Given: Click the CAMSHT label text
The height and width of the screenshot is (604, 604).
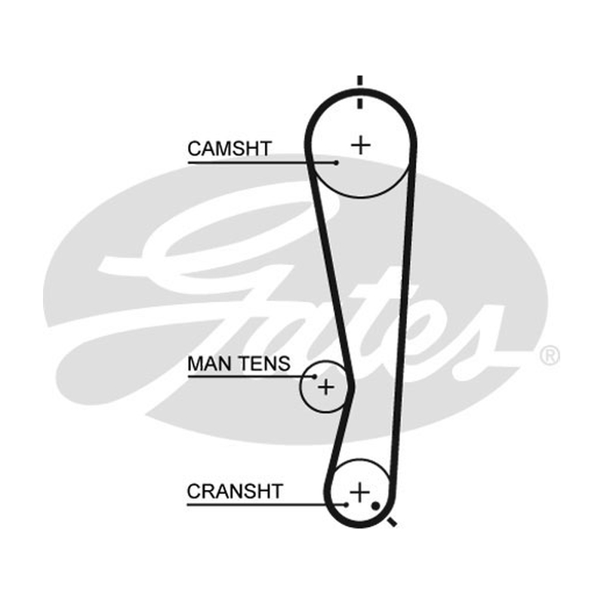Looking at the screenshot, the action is [x=230, y=149].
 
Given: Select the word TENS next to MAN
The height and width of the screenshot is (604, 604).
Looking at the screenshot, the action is [x=267, y=364].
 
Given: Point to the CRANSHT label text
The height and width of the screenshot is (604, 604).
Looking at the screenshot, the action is [x=235, y=492].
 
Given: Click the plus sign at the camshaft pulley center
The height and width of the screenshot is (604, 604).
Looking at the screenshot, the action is [x=361, y=145].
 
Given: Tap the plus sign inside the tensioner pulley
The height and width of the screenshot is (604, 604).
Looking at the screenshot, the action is [x=326, y=387].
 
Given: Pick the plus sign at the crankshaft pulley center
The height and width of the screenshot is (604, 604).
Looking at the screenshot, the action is [x=359, y=492].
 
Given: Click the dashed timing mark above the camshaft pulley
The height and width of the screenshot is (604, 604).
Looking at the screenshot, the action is [x=360, y=92].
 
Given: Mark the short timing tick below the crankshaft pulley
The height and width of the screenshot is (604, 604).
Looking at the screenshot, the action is [x=392, y=522].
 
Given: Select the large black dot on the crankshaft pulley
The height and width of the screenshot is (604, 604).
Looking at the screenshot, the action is [x=375, y=505].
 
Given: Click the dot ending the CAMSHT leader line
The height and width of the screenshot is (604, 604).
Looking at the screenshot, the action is [x=336, y=163].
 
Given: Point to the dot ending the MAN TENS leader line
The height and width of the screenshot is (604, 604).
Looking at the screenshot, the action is [x=315, y=377].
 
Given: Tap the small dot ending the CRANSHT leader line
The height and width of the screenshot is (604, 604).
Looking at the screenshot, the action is [x=347, y=504].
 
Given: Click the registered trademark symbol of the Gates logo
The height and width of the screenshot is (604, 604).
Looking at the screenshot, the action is [x=550, y=356].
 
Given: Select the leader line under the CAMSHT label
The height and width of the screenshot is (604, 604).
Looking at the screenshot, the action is [x=262, y=163].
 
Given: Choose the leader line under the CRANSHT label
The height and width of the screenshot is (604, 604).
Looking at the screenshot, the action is [x=267, y=504].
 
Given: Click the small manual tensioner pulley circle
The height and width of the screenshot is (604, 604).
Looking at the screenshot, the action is [x=300, y=387].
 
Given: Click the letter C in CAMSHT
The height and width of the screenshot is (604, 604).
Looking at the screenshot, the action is [x=195, y=149].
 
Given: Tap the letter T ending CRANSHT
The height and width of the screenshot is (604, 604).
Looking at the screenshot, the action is [x=276, y=492].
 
